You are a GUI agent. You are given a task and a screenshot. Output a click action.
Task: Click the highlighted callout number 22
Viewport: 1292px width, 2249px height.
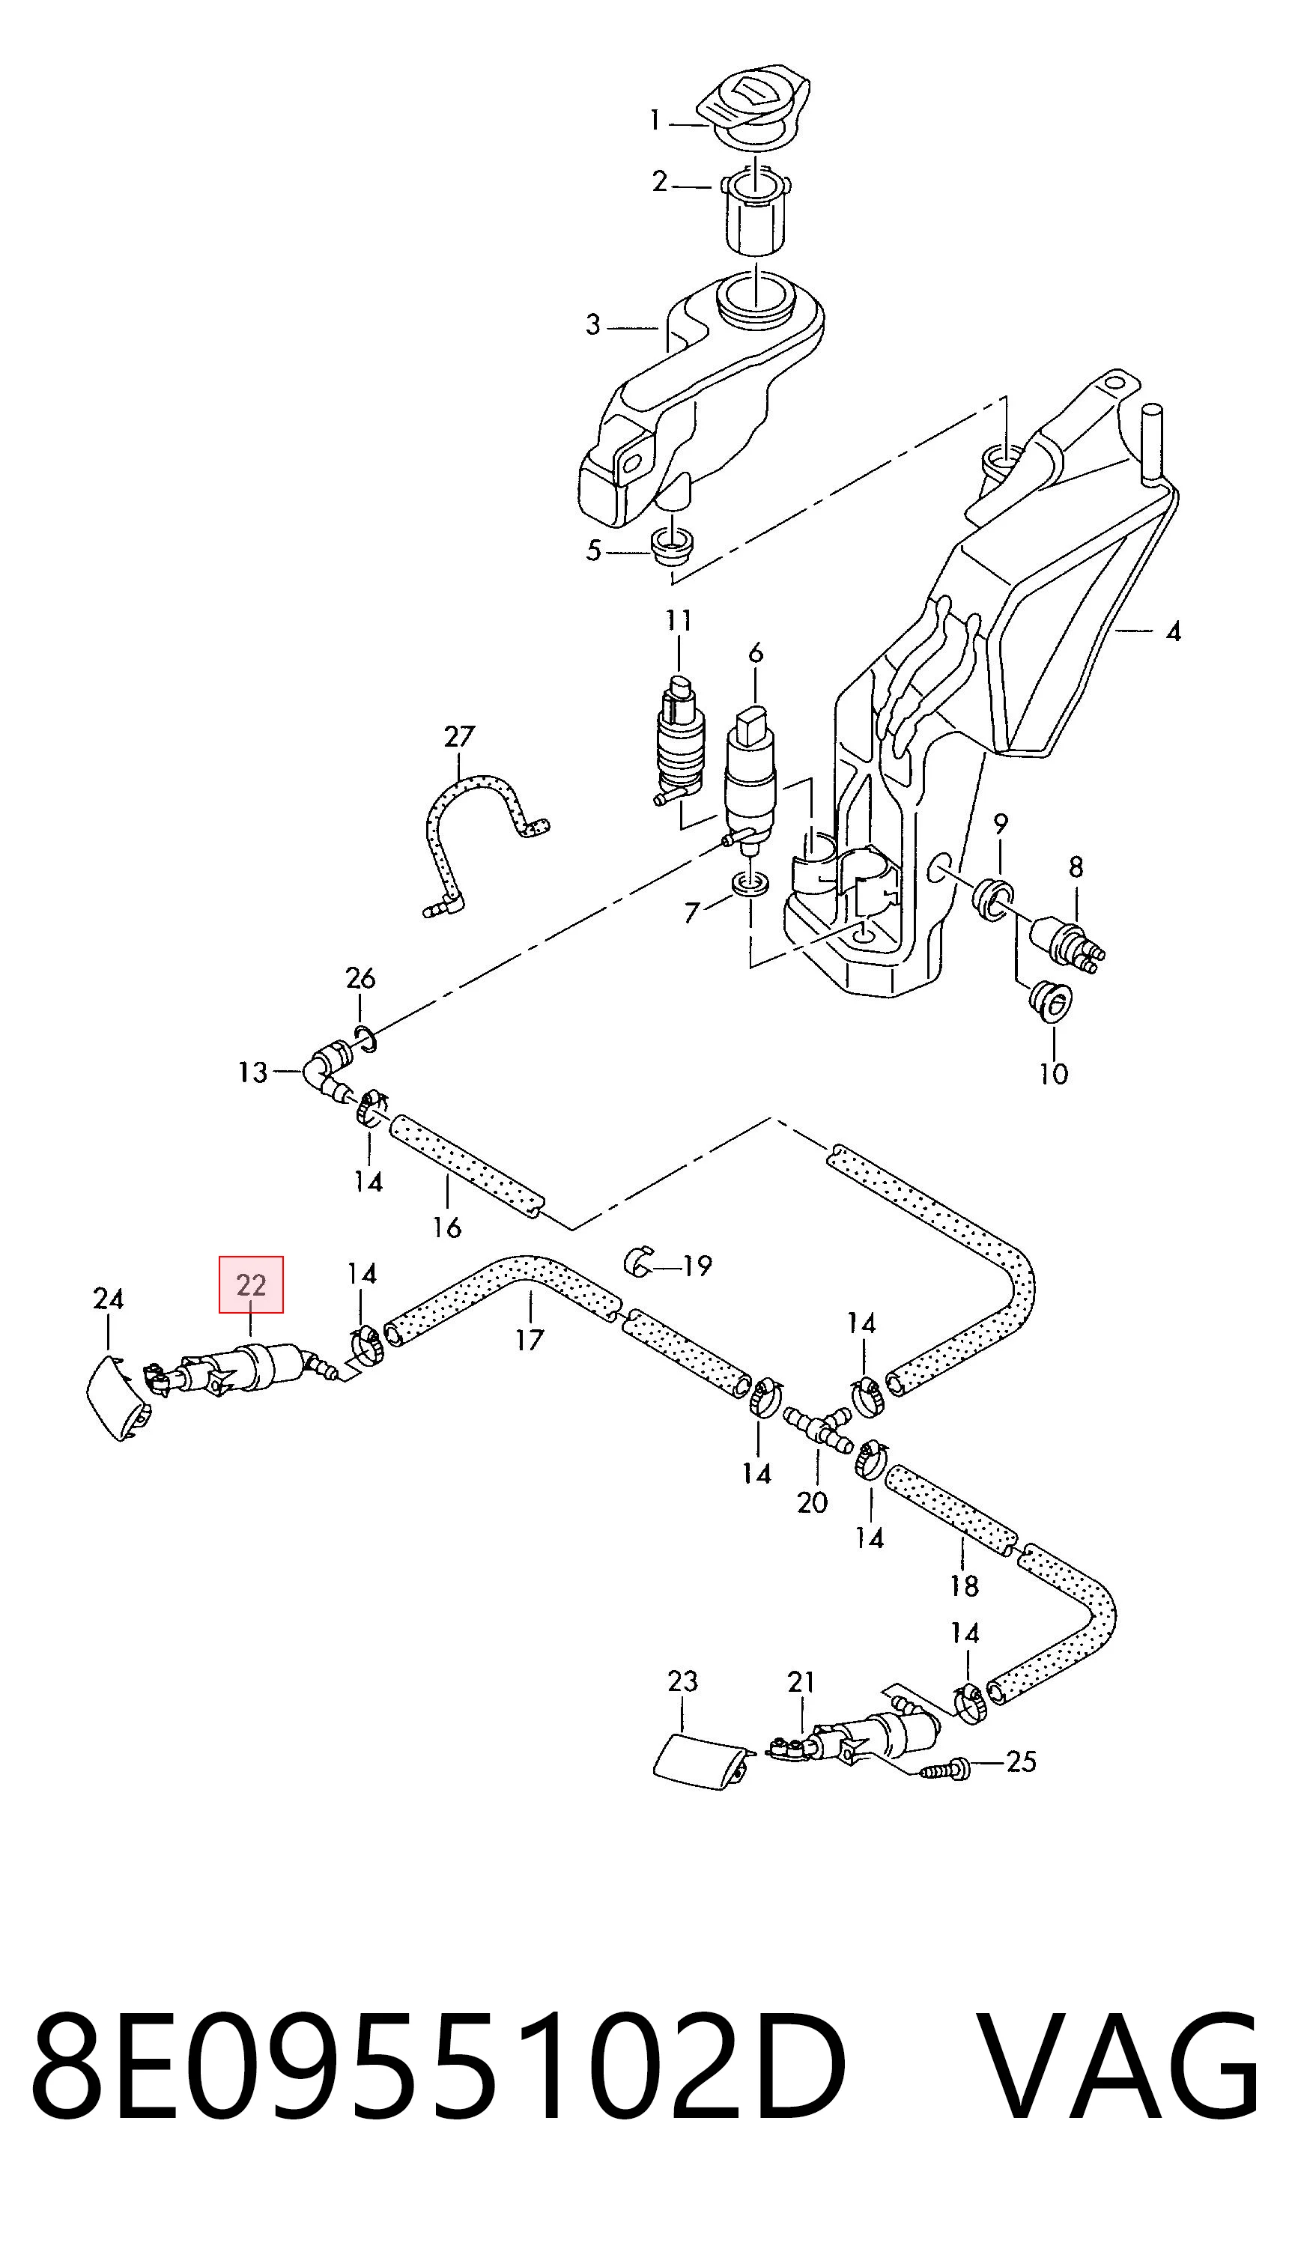251,1284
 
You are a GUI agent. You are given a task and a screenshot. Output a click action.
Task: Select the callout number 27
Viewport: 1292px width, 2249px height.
460,736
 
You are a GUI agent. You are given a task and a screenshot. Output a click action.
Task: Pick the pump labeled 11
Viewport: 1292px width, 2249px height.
680,741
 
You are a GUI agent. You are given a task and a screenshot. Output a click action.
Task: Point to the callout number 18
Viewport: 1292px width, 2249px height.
965,1585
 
